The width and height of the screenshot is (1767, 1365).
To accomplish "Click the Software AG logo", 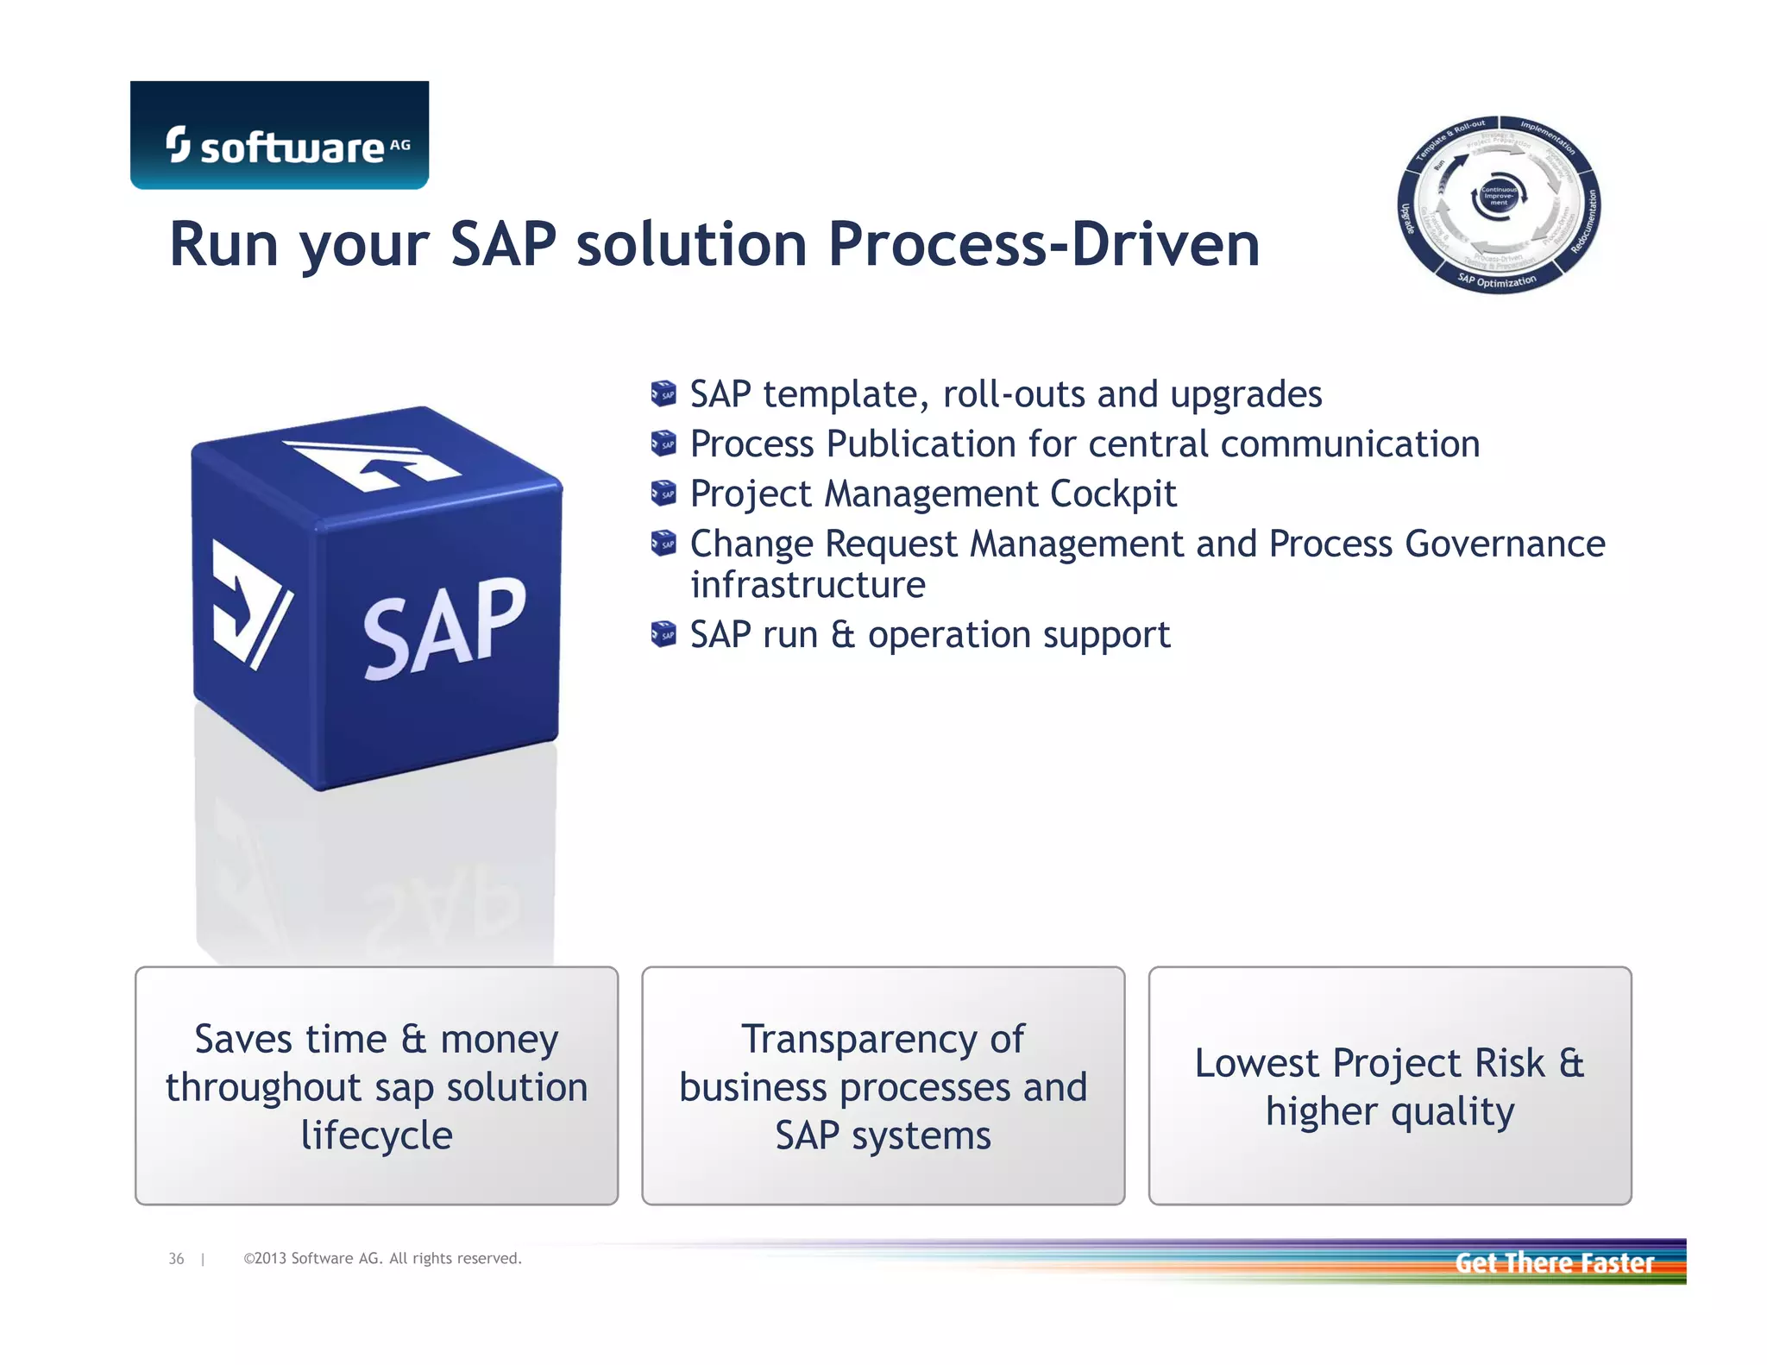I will (x=280, y=136).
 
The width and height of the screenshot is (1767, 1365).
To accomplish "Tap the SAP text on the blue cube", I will (x=443, y=628).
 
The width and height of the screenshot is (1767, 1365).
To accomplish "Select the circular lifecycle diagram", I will (x=1499, y=204).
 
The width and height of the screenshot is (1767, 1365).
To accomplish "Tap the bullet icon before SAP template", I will (x=663, y=394).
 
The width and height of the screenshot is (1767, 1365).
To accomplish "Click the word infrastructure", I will (x=808, y=586).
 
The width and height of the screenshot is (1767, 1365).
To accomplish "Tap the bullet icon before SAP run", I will (x=663, y=635).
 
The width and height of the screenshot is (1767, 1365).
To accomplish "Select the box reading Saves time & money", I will (x=376, y=1085).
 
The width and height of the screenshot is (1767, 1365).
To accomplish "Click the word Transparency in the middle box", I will (x=883, y=1040).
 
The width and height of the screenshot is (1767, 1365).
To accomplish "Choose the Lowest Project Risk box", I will (x=1389, y=1085).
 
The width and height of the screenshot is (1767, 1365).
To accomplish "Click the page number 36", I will (x=176, y=1259).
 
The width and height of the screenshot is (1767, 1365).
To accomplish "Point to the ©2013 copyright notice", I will (x=382, y=1259).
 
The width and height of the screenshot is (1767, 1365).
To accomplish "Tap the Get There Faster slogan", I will (x=1554, y=1263).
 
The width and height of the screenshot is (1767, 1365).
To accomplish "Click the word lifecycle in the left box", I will (x=376, y=1135).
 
